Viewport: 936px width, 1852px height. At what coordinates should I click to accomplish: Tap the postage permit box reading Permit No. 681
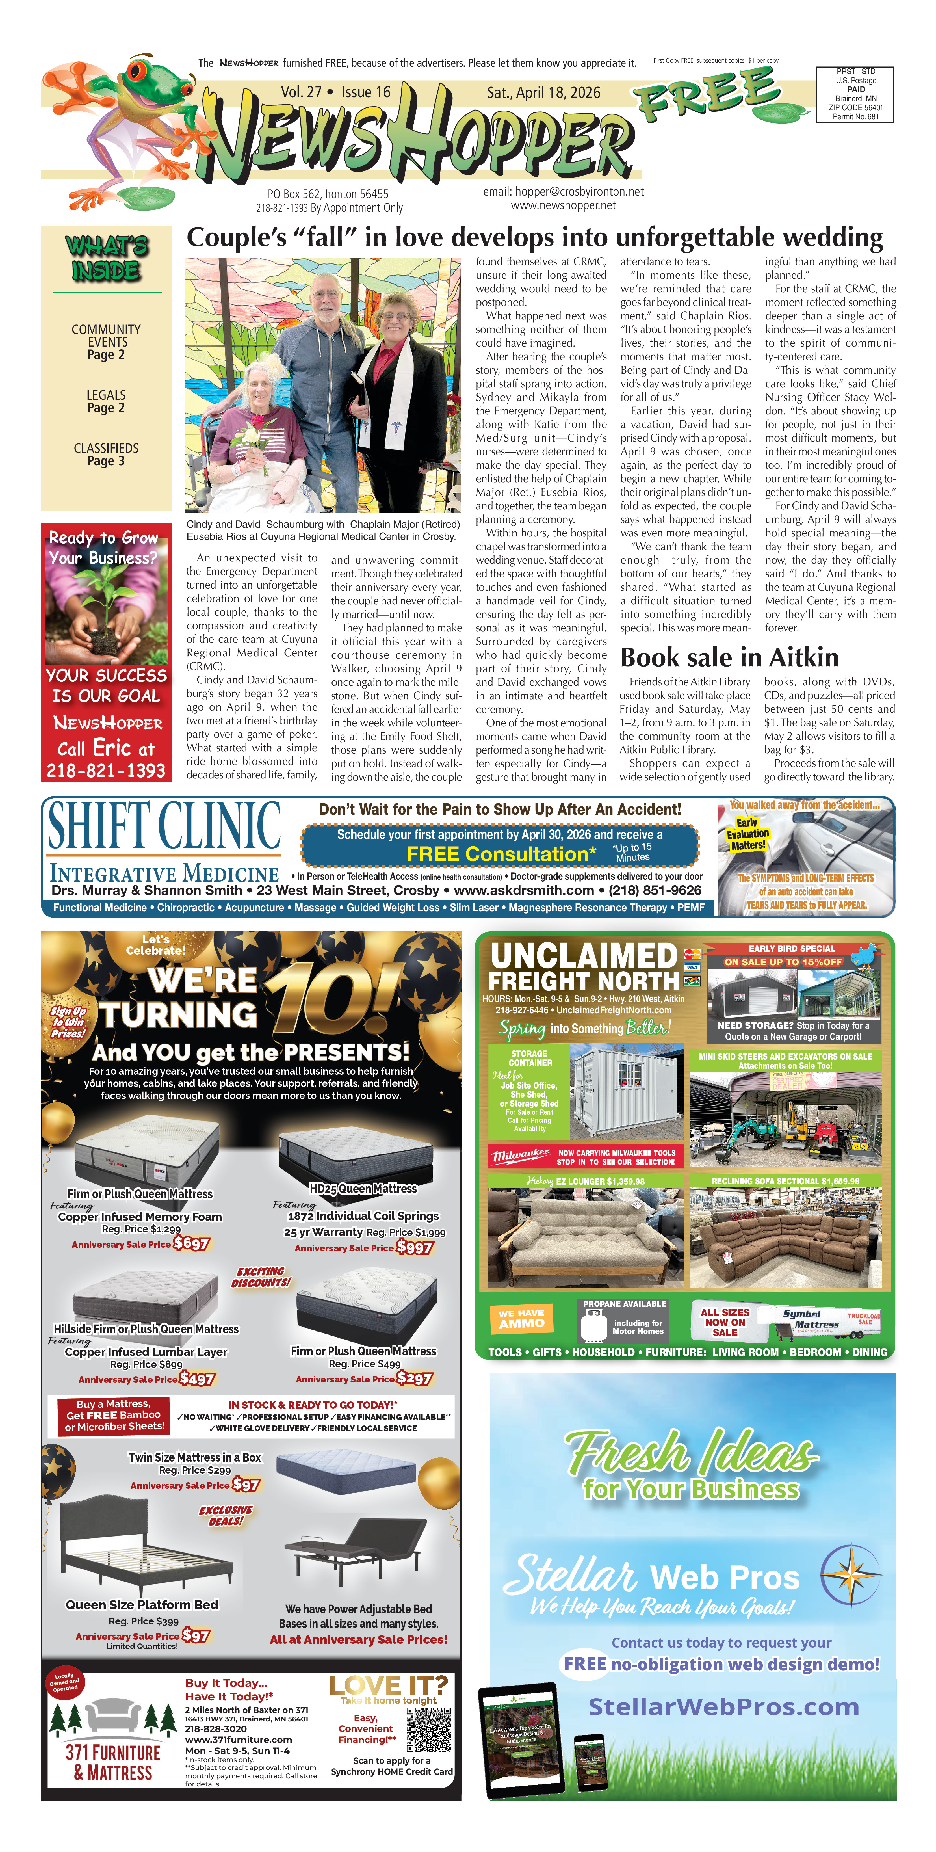click(x=855, y=94)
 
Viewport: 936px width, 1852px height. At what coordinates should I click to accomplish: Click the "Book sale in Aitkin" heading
click(x=729, y=657)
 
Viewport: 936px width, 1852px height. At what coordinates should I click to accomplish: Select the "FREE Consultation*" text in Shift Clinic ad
click(x=501, y=854)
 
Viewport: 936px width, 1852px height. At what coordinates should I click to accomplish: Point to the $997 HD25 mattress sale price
click(x=415, y=1247)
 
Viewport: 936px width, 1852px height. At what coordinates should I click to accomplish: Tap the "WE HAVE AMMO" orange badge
click(x=522, y=1319)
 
